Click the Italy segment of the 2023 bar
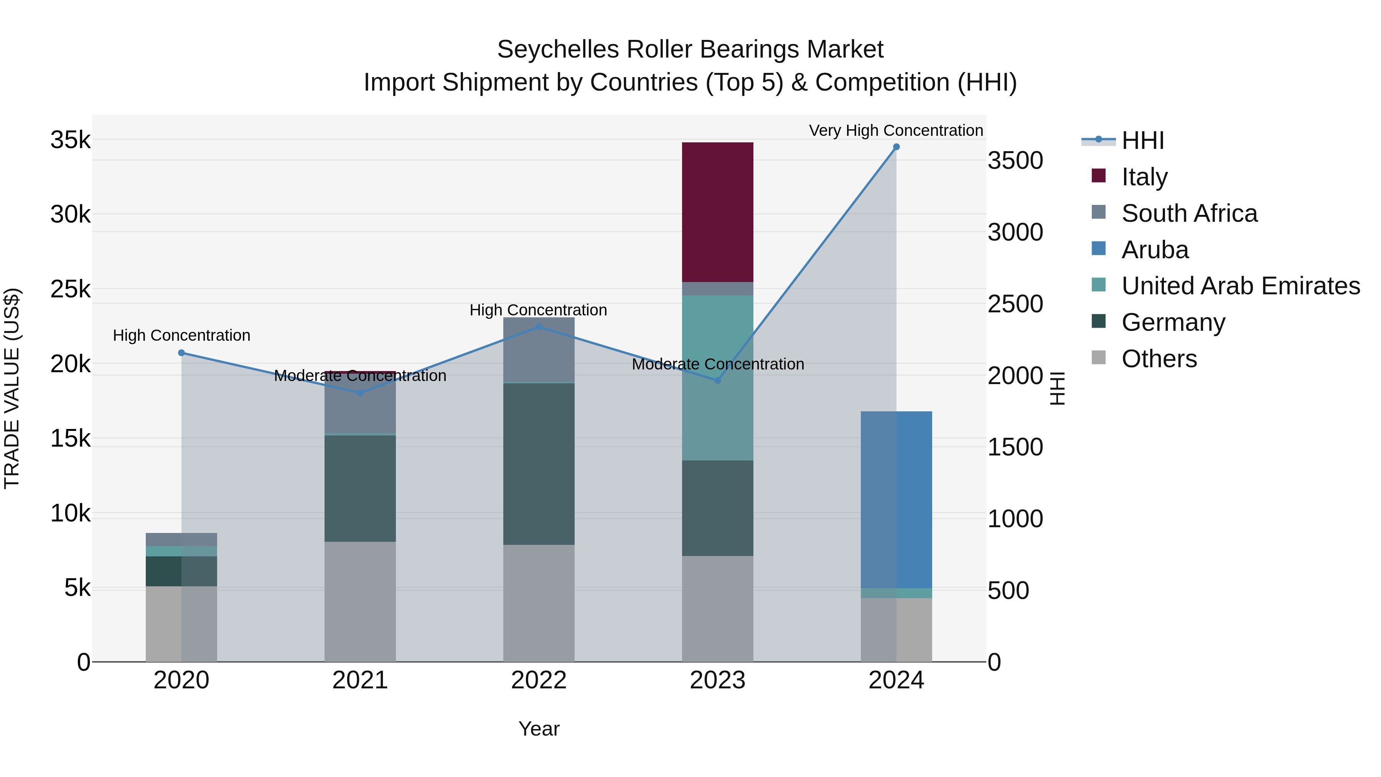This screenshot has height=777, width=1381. pos(717,212)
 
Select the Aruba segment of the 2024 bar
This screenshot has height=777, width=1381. pos(896,499)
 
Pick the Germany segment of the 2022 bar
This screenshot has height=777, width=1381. pos(539,464)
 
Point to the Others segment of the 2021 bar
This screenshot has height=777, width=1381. pos(360,602)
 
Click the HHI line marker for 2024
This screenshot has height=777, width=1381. pos(896,147)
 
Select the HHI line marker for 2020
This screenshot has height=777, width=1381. pos(181,353)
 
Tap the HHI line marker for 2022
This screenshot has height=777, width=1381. pos(539,327)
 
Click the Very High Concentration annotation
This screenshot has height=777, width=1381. pos(896,130)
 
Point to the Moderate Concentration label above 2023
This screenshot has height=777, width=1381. pos(718,364)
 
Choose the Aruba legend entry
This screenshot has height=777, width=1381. pos(1155,250)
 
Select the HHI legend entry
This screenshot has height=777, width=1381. pos(1142,140)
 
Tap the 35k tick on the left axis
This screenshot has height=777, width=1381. pos(70,140)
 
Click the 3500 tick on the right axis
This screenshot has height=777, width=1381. pos(1015,160)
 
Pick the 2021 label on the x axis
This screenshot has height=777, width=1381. pos(360,680)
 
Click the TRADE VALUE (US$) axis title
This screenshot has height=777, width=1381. pos(12,388)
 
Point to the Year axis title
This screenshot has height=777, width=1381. pos(539,729)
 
